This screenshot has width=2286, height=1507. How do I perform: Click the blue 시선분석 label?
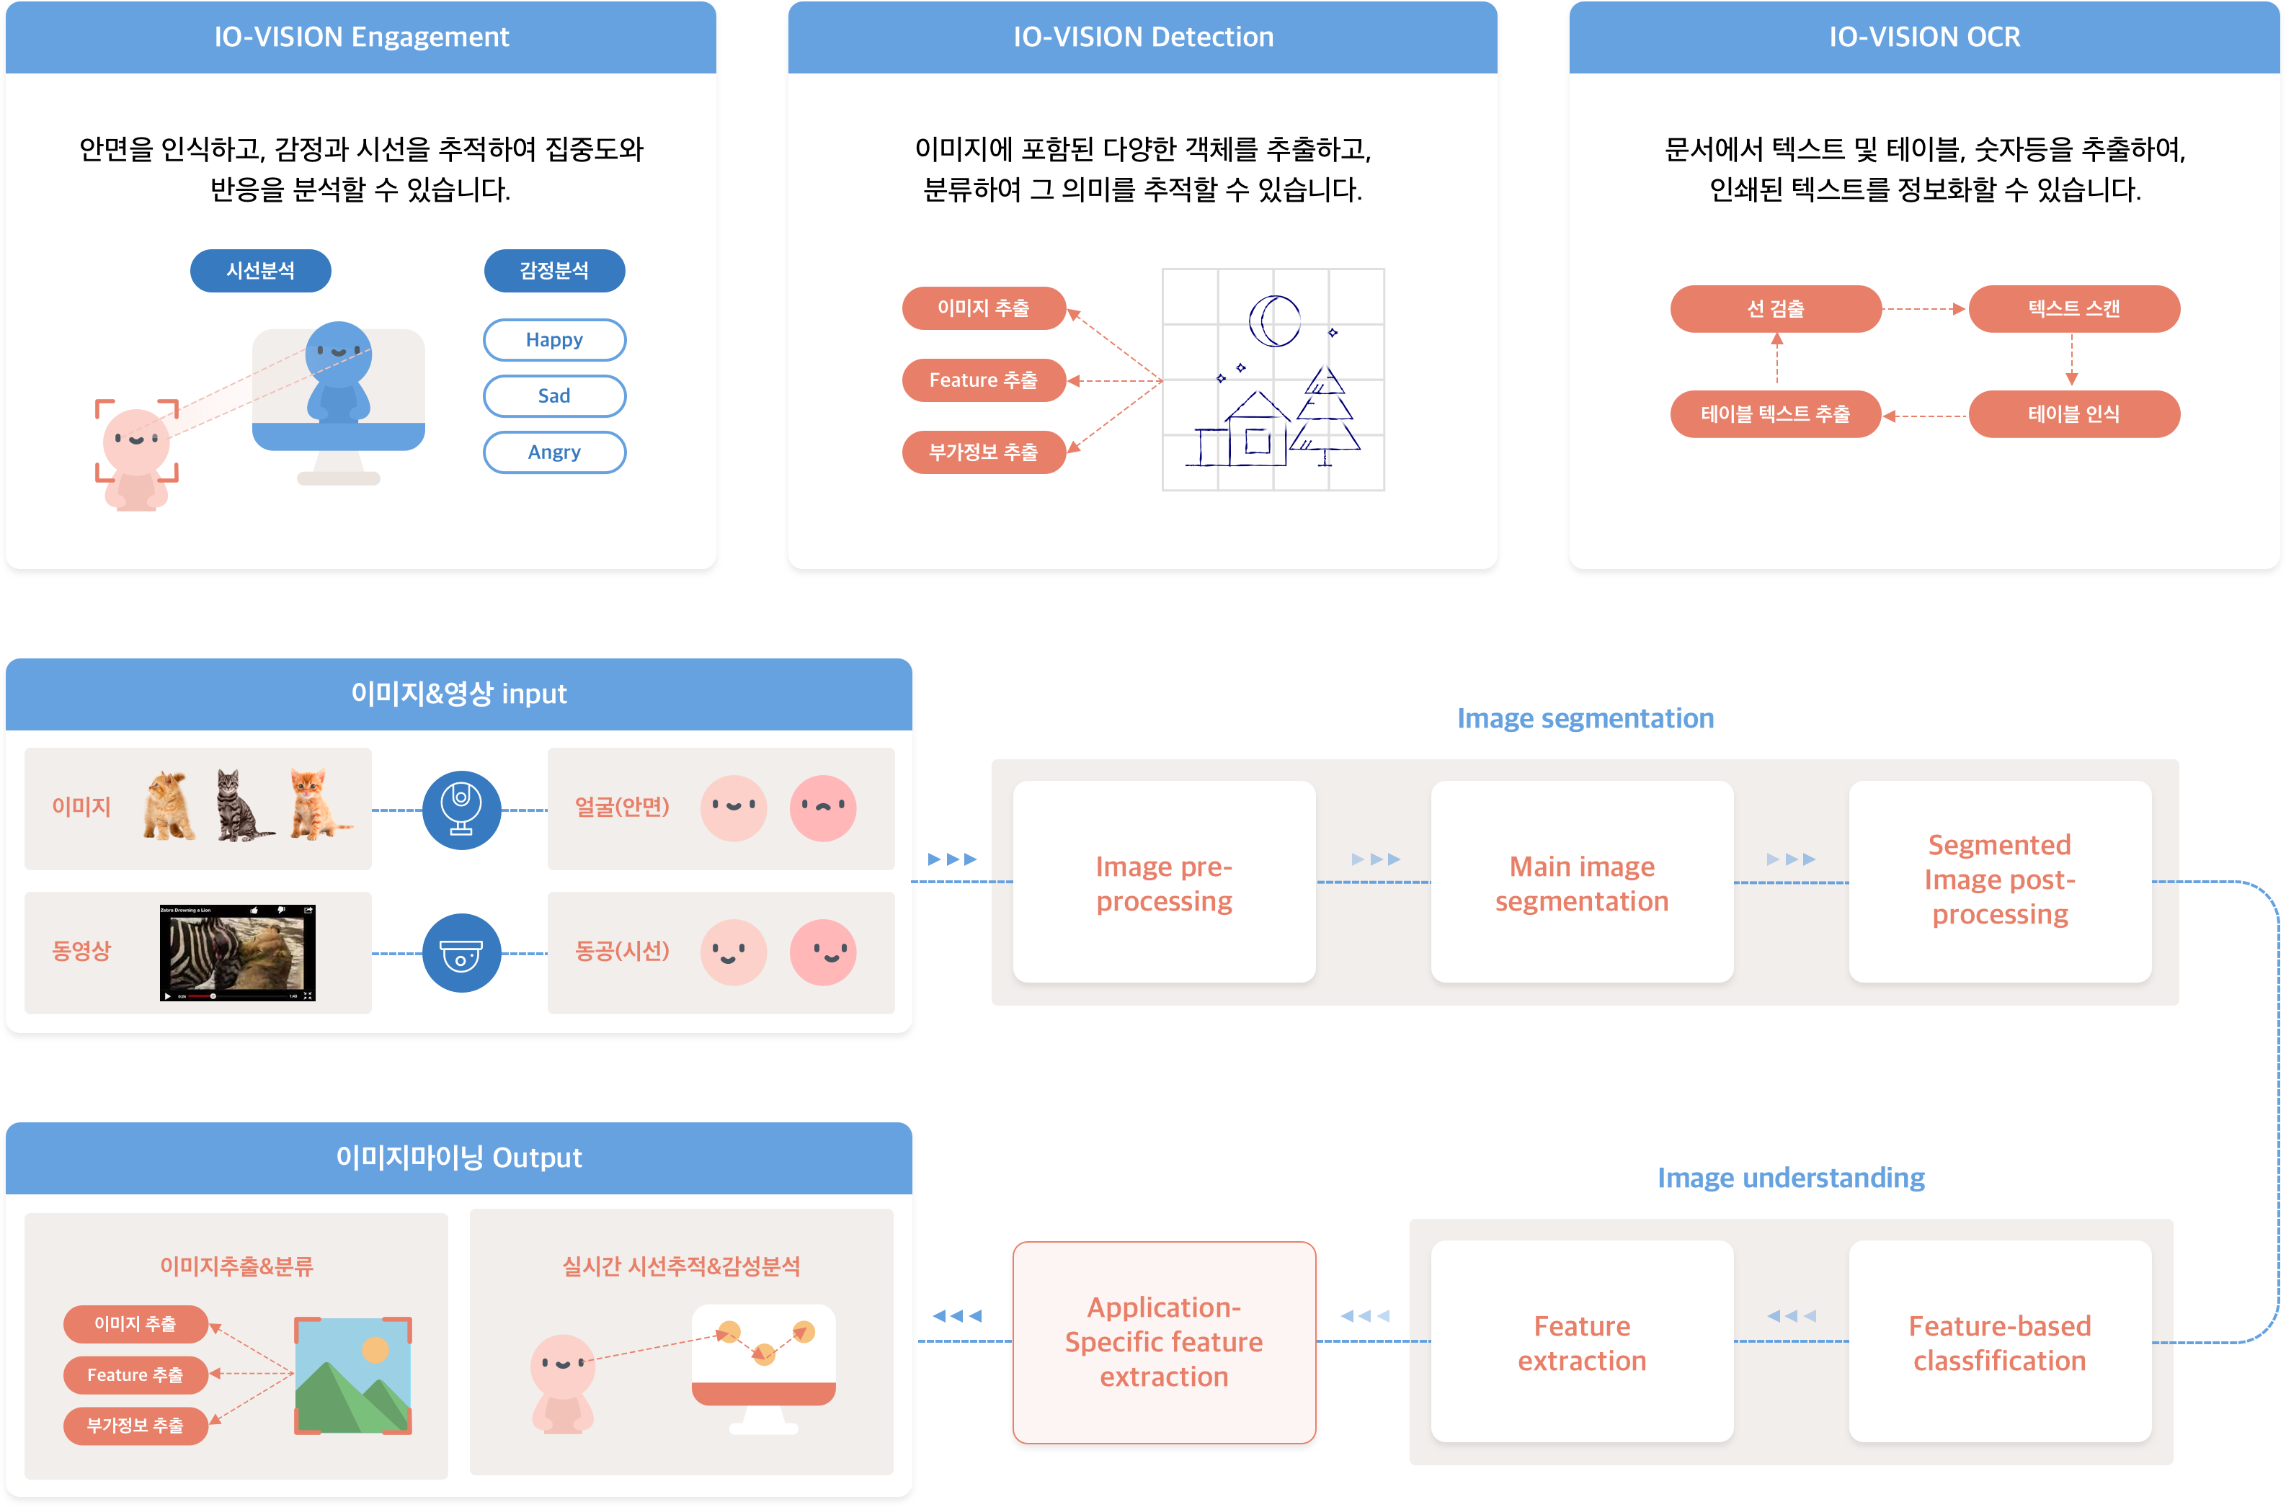[x=260, y=271]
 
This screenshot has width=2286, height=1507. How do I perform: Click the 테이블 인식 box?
[x=2073, y=414]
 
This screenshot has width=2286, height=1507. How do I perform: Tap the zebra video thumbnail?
[x=236, y=952]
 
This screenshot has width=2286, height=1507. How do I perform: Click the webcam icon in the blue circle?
[x=461, y=810]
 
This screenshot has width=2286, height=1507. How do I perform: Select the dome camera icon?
[x=461, y=954]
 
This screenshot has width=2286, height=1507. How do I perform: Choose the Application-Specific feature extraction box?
[x=1163, y=1342]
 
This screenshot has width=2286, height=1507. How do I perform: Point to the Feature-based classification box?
[x=1998, y=1342]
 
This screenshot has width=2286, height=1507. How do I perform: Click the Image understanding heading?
[x=1790, y=1179]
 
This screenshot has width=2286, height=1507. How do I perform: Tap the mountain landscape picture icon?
[x=353, y=1375]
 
